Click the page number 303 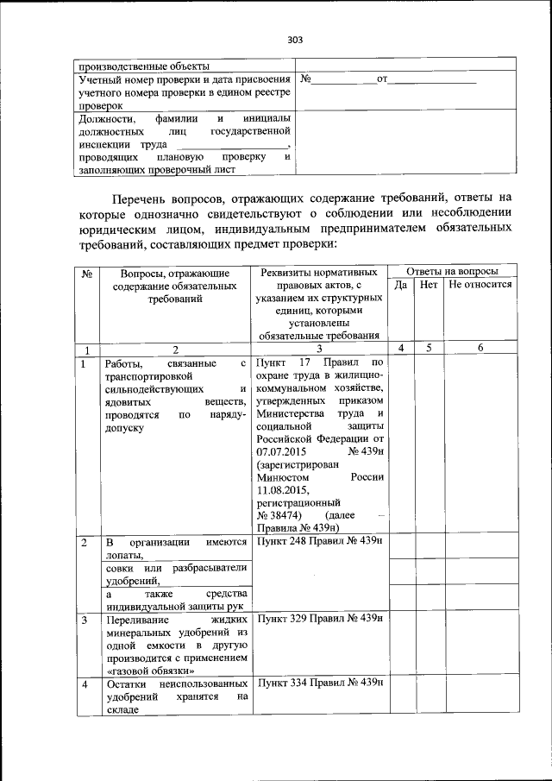pos(295,40)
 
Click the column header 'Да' pos(400,284)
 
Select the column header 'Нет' pos(429,284)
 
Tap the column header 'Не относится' pos(480,284)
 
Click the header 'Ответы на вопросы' pos(451,271)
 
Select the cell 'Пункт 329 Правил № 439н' pos(319,619)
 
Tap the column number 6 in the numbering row pos(480,348)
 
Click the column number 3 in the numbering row pos(319,349)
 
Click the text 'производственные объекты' pos(142,66)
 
